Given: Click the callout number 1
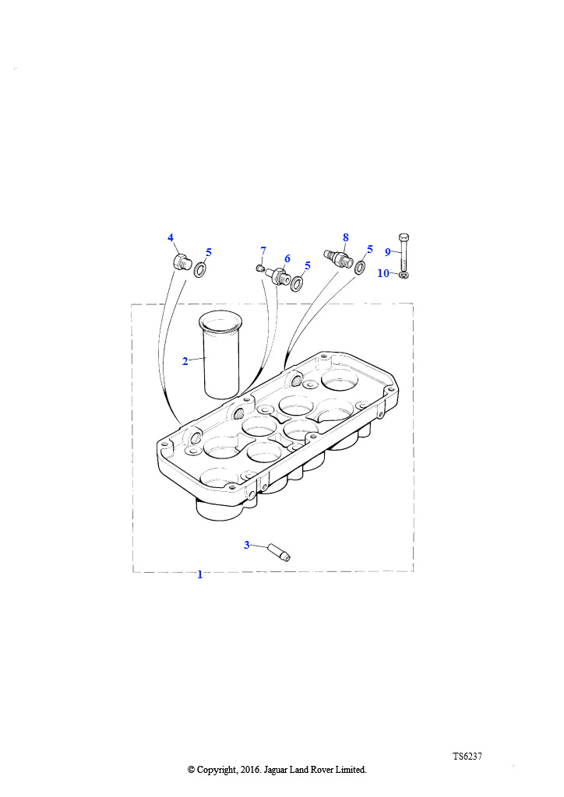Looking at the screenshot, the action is click(x=200, y=574).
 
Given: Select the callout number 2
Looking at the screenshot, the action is click(x=185, y=361).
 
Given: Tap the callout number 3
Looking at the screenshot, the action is click(x=247, y=545).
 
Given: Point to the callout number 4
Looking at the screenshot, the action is click(x=171, y=237).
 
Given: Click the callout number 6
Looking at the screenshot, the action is click(x=287, y=258).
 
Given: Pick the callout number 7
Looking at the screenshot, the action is click(x=263, y=251).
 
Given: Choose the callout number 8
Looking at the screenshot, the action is click(x=346, y=237).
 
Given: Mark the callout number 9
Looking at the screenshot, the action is click(x=387, y=252).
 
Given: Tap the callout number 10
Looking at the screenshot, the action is click(x=383, y=273).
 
